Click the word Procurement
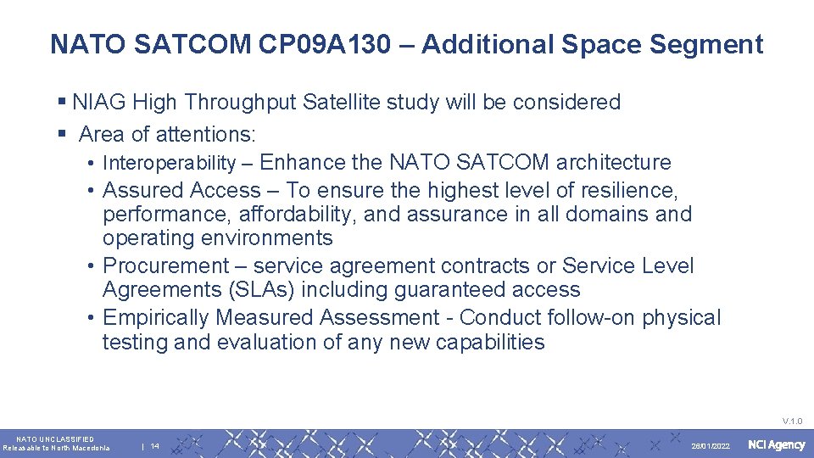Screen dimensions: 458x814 pos(166,266)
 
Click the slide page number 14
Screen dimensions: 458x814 pos(155,446)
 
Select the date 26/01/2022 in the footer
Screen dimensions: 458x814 pos(711,446)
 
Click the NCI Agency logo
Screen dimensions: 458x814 pos(776,445)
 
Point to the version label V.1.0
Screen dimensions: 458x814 pos(792,421)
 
